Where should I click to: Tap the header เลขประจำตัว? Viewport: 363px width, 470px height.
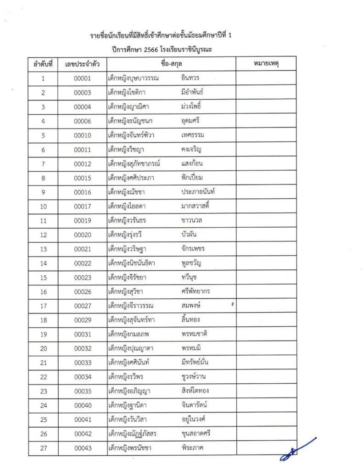pos(83,64)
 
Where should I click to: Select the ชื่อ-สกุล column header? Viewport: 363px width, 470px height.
pos(171,64)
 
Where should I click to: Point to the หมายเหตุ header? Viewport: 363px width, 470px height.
pos(266,64)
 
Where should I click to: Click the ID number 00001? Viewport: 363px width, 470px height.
pos(83,78)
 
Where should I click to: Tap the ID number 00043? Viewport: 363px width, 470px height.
pos(83,448)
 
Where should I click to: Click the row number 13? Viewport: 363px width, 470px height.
pos(43,249)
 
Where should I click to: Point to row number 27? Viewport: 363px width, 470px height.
pos(43,448)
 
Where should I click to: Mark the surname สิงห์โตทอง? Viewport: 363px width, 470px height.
pos(195,392)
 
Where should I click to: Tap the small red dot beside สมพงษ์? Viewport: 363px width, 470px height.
pos(233,304)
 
